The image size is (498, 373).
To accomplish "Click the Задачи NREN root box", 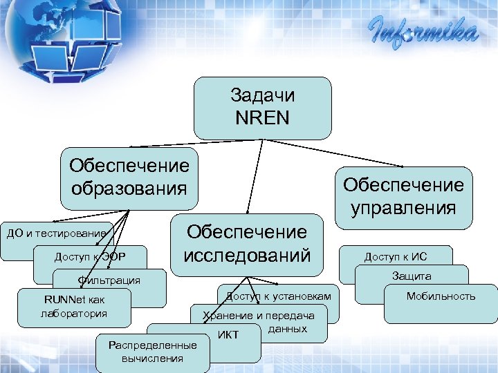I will [x=262, y=108].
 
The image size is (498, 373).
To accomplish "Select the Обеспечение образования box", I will [x=129, y=178].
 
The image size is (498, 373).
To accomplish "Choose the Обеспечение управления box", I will [x=403, y=197].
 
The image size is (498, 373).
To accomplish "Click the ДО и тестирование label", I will [x=55, y=233].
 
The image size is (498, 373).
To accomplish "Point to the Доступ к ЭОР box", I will [x=90, y=258].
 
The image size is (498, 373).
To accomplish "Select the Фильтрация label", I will [x=109, y=280].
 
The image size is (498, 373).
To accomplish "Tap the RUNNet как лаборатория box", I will [x=75, y=306].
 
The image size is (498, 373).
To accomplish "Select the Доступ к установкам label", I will [x=279, y=296].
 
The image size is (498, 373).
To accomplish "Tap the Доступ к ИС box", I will [x=396, y=257].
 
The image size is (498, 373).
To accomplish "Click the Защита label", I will [x=412, y=276].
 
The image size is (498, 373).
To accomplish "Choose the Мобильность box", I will [x=441, y=296].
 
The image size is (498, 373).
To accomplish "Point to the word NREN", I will [x=262, y=117].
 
